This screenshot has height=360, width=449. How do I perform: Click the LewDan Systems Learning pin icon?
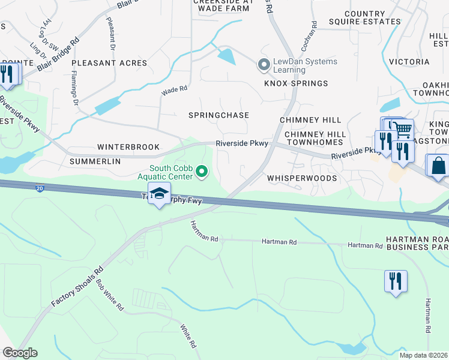coord(263,64)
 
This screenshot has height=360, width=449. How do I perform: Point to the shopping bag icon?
coord(438,166)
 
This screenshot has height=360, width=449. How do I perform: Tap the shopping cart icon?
coord(403,130)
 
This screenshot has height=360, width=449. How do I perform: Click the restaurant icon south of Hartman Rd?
coord(396,281)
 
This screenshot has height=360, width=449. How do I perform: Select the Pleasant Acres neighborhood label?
coord(109,63)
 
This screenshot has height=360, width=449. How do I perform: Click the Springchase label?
coord(218,115)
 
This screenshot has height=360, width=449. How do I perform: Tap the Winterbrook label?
coord(128,147)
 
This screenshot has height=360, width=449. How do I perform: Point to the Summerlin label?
coord(95,161)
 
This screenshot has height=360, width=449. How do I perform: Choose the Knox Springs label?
coord(297,83)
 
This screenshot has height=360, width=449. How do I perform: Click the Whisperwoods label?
coord(301,178)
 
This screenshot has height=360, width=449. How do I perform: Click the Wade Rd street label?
coord(175,90)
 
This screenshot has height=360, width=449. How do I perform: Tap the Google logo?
coord(20,353)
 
